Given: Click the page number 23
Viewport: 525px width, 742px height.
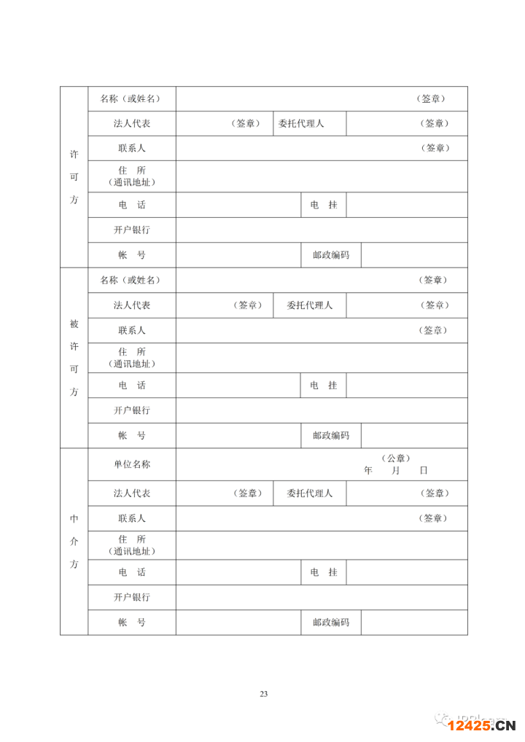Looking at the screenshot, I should pyautogui.click(x=263, y=693).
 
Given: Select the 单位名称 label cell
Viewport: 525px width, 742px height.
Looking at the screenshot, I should pyautogui.click(x=132, y=464).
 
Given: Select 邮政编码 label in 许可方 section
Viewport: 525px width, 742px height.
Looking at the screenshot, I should pyautogui.click(x=331, y=255).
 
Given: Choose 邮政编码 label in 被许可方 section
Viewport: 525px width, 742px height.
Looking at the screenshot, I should pyautogui.click(x=331, y=435).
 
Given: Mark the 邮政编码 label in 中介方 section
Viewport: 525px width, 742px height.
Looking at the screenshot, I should pyautogui.click(x=331, y=622).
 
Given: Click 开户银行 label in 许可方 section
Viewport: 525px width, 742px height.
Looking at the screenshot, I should pyautogui.click(x=132, y=230).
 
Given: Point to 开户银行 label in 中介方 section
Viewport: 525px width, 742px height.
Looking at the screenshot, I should pyautogui.click(x=132, y=597).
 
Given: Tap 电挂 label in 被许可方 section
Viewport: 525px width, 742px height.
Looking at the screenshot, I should pyautogui.click(x=324, y=386).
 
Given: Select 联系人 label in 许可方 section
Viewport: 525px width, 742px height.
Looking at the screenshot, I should pyautogui.click(x=132, y=148).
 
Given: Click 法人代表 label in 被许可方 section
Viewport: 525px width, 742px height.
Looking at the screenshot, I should pyautogui.click(x=132, y=305).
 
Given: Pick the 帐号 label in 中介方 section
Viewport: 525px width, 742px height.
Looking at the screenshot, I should pyautogui.click(x=132, y=622).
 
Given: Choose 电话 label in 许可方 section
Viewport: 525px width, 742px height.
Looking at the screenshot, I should pyautogui.click(x=132, y=205).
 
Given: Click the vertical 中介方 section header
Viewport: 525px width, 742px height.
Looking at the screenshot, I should pyautogui.click(x=74, y=542).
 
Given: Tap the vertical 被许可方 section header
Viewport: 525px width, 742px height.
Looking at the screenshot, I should pyautogui.click(x=74, y=357).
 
